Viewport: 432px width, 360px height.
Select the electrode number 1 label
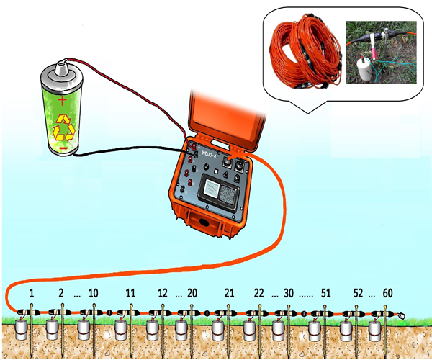[x=32, y=293]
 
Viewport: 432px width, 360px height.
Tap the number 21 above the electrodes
[x=230, y=293]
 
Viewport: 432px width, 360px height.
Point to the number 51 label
[x=325, y=293]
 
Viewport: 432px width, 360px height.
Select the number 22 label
[x=259, y=293]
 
